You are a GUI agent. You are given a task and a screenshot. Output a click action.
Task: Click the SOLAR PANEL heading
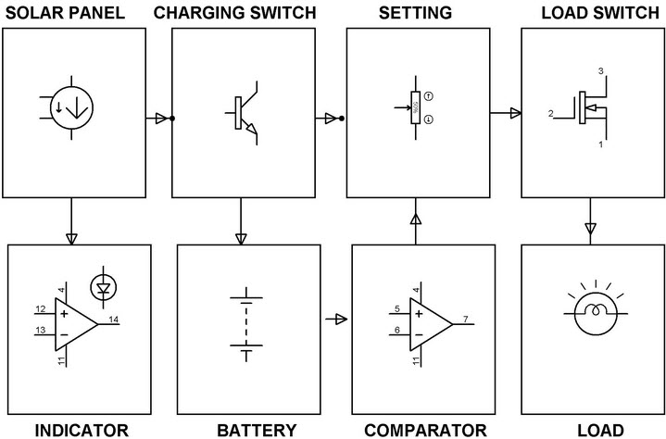pos(77,13)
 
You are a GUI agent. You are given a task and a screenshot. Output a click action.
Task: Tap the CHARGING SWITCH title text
pos(241,13)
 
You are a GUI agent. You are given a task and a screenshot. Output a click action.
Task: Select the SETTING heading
pos(416,13)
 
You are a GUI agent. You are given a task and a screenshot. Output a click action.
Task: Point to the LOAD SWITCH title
pos(593,13)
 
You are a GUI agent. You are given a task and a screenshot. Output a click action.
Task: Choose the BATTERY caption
pos(257,429)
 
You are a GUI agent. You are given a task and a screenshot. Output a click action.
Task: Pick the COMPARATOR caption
pos(425,429)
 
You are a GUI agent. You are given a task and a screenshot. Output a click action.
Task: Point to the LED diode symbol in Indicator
pos(104,289)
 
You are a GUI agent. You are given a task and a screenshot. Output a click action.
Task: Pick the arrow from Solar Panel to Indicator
pos(72,235)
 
